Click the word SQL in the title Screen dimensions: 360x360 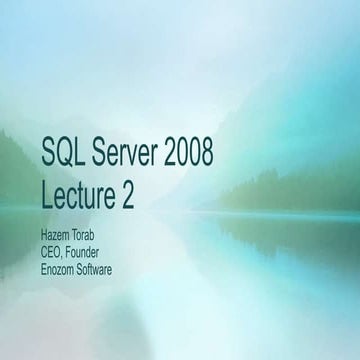[x=63, y=153]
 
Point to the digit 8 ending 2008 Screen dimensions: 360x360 [x=207, y=153]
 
